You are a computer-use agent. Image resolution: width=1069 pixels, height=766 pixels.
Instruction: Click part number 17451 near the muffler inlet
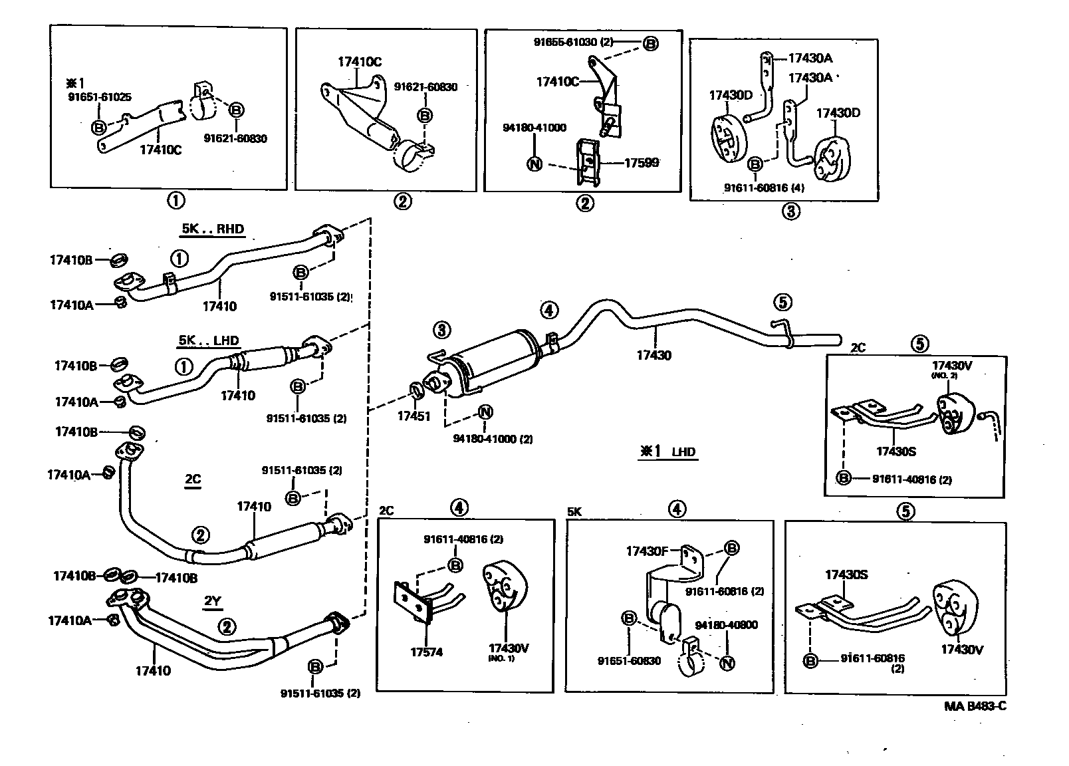(x=414, y=416)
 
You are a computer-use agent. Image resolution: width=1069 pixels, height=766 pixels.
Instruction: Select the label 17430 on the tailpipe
(x=653, y=355)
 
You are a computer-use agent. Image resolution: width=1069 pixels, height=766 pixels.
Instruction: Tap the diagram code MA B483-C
(x=975, y=706)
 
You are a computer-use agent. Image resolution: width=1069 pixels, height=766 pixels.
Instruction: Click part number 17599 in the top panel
(x=642, y=162)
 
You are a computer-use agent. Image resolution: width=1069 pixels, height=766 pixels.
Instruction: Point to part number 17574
(x=426, y=652)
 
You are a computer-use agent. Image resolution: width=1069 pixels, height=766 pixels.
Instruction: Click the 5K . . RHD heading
(x=213, y=229)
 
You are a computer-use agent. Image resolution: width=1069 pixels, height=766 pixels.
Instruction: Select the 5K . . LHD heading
(x=209, y=340)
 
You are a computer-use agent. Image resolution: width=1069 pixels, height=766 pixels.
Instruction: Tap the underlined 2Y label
(x=212, y=602)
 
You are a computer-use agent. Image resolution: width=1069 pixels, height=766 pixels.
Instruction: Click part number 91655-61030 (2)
(x=573, y=42)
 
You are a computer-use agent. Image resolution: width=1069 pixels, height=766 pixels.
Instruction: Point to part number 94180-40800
(x=726, y=625)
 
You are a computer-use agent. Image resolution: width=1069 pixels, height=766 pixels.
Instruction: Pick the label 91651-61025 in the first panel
(x=100, y=97)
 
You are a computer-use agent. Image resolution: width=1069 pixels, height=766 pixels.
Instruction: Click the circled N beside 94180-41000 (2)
(x=485, y=412)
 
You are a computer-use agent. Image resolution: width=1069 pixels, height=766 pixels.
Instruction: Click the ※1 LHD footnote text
(x=667, y=452)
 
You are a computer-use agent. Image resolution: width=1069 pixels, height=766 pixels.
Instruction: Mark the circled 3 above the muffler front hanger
(x=441, y=329)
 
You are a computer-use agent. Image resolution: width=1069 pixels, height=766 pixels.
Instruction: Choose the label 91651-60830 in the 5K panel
(x=629, y=661)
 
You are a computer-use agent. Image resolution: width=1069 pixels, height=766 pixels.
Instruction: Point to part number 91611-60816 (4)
(x=764, y=188)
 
